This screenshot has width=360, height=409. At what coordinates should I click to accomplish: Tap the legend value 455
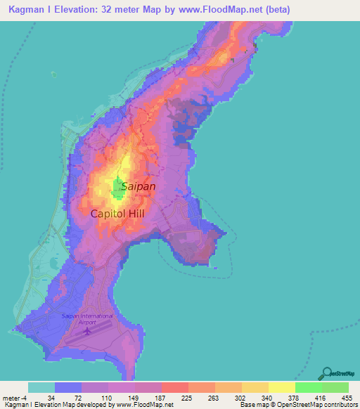coord(348,397)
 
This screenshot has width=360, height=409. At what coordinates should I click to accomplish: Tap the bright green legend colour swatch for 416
coord(309,387)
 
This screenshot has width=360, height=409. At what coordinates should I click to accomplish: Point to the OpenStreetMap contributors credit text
coord(316,405)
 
